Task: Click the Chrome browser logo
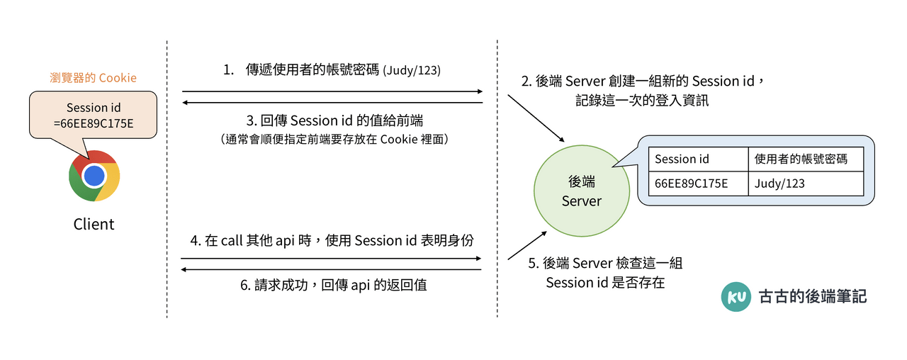[x=94, y=175]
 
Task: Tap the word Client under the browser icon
[x=94, y=225]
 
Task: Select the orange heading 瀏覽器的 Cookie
[x=93, y=77]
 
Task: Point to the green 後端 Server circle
[x=581, y=191]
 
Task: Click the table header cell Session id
[x=698, y=159]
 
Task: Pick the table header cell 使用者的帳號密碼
[x=805, y=159]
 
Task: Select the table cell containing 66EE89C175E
[x=698, y=184]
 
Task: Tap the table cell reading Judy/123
[x=805, y=184]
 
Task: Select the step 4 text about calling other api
[x=332, y=240]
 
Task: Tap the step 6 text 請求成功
[x=333, y=286]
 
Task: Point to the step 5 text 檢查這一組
[x=605, y=264]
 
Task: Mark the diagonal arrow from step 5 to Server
[x=527, y=245]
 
